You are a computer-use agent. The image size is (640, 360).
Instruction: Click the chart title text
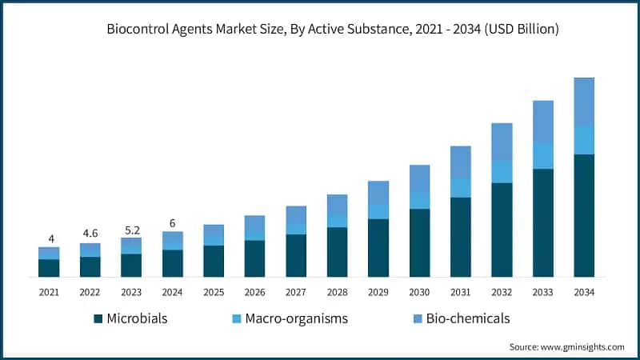(x=333, y=30)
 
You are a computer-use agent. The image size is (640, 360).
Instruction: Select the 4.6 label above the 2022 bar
(x=90, y=234)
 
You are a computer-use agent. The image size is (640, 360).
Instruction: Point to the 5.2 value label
(x=131, y=228)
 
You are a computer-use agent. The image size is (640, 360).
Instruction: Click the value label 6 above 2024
(x=172, y=223)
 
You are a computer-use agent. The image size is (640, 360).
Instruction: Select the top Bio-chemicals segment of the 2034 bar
(x=584, y=102)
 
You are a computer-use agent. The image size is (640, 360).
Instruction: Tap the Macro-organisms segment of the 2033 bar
(x=543, y=157)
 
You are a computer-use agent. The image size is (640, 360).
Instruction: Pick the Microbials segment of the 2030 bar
(x=419, y=243)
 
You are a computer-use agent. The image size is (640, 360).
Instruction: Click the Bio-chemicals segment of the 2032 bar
(x=502, y=142)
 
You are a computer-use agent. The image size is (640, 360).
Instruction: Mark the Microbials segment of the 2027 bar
(x=296, y=256)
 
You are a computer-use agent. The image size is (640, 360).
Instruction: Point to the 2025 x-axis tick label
(x=214, y=294)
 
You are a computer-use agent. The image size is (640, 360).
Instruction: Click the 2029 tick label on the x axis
(x=378, y=294)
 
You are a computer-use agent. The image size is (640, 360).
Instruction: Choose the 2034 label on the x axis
(x=584, y=294)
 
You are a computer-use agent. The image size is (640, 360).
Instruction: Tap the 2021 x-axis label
(x=49, y=294)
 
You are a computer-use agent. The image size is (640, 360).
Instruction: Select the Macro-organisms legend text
(x=297, y=318)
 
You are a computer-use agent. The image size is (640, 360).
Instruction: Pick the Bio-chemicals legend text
(x=468, y=318)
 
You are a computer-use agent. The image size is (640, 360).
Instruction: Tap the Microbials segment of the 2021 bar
(x=49, y=268)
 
